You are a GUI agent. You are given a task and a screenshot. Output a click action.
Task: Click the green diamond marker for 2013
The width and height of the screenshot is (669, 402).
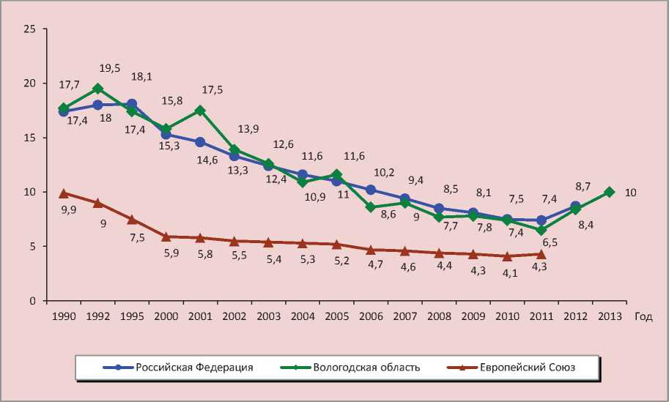coord(609,192)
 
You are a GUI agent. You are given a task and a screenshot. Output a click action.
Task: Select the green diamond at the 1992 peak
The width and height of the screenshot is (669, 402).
coord(97,89)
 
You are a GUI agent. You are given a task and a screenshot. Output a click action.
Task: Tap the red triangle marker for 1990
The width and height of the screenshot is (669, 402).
coord(64,193)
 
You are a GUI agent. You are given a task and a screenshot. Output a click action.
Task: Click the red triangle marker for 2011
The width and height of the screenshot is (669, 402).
coord(541,254)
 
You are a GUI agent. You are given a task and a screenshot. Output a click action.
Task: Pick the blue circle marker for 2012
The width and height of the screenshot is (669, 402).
coord(575,206)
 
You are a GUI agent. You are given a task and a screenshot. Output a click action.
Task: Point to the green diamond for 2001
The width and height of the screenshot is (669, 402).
coord(200,111)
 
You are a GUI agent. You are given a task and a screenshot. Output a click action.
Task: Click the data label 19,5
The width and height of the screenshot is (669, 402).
coord(109,68)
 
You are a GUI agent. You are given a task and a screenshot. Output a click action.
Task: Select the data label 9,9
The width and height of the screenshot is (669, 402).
coord(70,209)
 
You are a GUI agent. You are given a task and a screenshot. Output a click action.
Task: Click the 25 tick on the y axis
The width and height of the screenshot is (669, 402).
coord(30,29)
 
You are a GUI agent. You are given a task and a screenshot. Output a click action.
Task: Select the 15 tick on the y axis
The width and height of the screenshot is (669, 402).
coord(30,138)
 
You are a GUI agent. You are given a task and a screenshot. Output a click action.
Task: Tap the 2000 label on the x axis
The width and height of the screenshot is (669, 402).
coord(166,316)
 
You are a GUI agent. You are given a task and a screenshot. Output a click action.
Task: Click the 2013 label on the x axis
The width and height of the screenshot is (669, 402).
coord(609,316)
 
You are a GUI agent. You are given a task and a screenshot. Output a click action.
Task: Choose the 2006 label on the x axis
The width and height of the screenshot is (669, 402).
coord(371,316)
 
